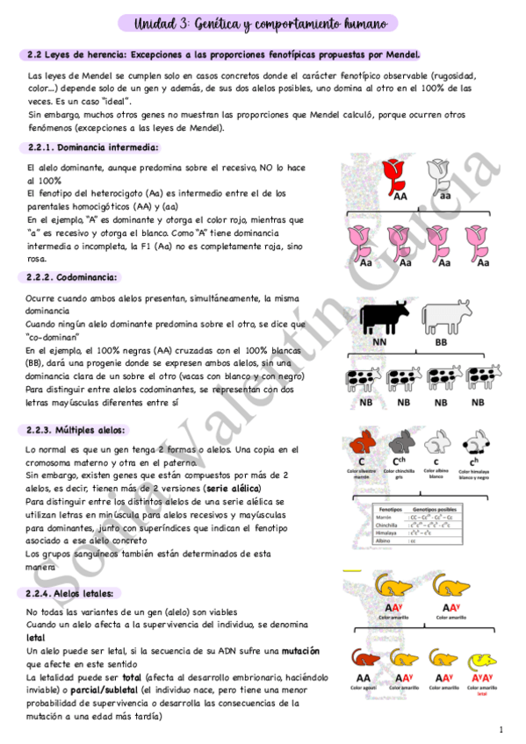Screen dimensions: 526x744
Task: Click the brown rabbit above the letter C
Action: [361, 441]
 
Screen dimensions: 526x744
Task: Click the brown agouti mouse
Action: [363, 660]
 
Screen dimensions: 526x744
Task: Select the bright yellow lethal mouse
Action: [480, 660]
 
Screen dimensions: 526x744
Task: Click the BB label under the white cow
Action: [441, 342]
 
